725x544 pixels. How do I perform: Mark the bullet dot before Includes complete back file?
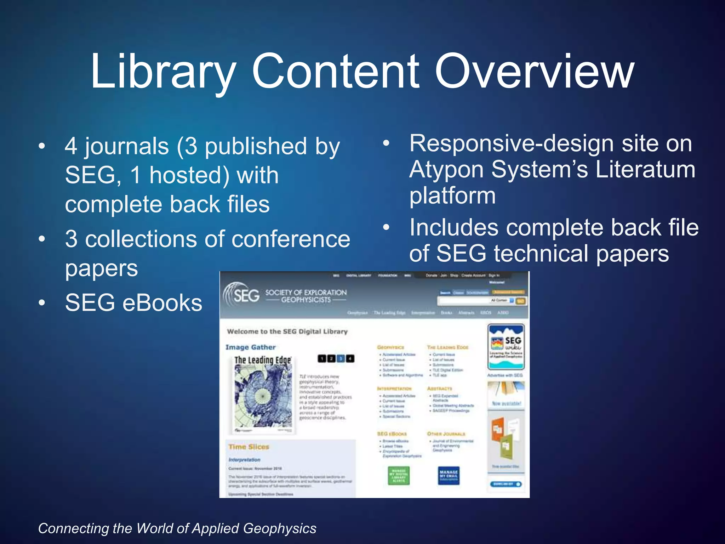386,227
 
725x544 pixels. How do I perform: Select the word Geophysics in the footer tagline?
280,528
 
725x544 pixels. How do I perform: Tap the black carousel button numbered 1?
322,359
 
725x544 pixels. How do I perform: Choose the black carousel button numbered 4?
350,359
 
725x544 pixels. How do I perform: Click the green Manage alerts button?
399,475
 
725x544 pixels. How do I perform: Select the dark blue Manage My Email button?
449,475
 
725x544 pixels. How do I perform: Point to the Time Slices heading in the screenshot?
249,447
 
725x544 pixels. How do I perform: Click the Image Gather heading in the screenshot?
251,347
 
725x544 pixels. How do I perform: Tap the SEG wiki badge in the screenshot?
506,346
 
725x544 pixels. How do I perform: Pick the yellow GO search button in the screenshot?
520,301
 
